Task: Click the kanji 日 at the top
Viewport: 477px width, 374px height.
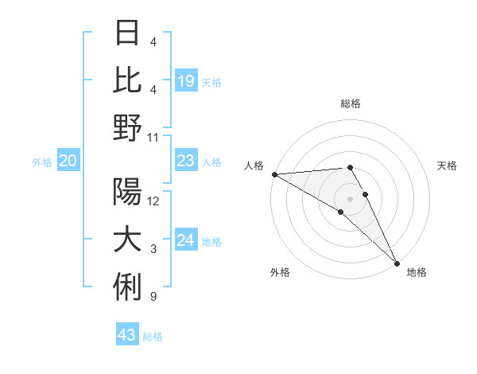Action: (127, 33)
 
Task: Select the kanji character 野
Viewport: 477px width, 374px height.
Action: (127, 127)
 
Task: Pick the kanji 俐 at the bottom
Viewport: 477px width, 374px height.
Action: (127, 286)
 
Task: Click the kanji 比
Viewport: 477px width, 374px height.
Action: (127, 80)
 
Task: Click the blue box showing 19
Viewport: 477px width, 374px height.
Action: (185, 80)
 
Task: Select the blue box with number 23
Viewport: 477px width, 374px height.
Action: (185, 162)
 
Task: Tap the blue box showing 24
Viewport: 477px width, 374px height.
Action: (185, 240)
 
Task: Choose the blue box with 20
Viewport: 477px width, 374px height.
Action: (68, 162)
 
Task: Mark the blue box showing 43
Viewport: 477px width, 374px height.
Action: (127, 335)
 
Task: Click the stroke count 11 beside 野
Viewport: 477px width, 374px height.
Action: (154, 137)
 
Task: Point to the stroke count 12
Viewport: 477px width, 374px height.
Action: (154, 201)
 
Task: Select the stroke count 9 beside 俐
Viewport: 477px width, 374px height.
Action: (153, 297)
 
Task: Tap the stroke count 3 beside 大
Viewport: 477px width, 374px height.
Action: (153, 249)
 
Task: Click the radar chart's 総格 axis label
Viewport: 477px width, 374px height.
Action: (351, 103)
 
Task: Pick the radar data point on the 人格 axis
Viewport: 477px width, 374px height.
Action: (274, 174)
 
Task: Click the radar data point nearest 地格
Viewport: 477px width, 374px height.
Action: (396, 263)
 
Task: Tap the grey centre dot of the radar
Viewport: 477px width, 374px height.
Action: (351, 198)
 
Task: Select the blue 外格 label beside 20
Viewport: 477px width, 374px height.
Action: (42, 162)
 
